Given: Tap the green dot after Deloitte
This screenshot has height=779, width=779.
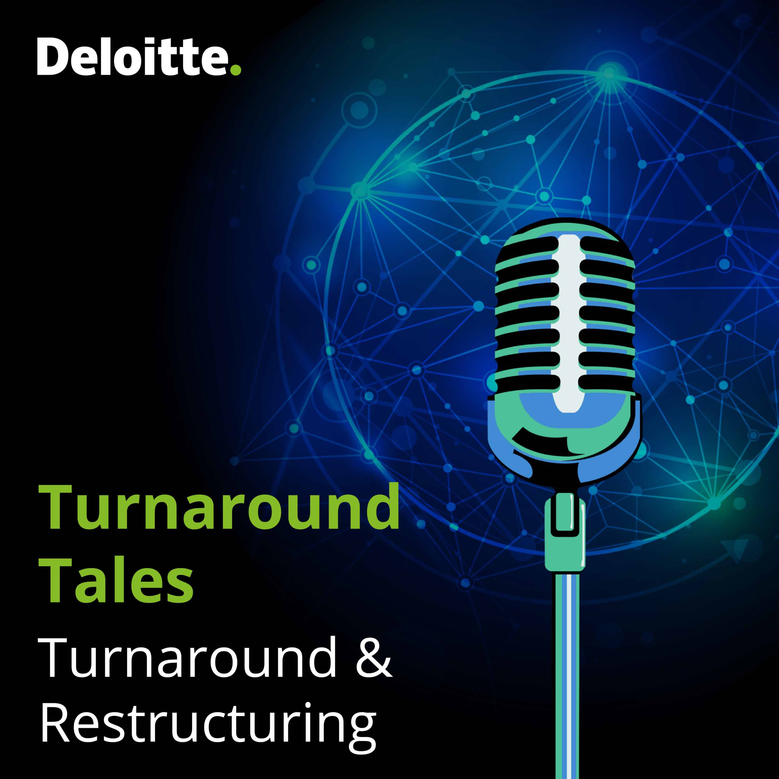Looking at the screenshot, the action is [x=236, y=70].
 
